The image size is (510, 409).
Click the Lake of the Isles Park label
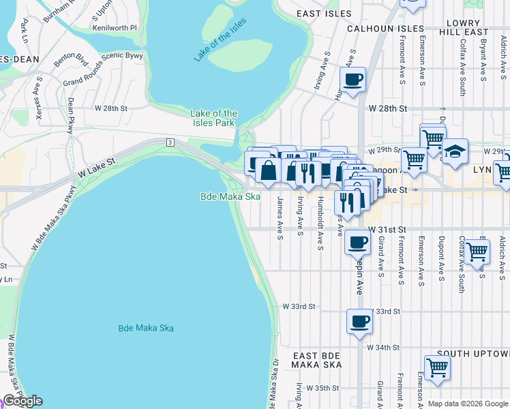[213, 118]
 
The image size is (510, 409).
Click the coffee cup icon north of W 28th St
[352, 80]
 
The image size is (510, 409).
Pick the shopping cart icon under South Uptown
[437, 367]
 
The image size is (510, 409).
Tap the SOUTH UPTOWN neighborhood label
[472, 354]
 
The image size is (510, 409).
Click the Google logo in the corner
[22, 401]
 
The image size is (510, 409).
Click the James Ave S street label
[280, 218]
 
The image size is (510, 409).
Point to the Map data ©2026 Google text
[467, 404]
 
